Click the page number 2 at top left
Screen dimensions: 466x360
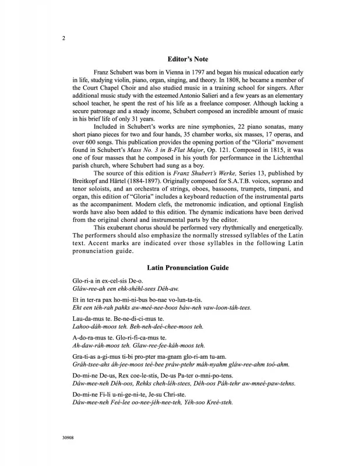[62, 38]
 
